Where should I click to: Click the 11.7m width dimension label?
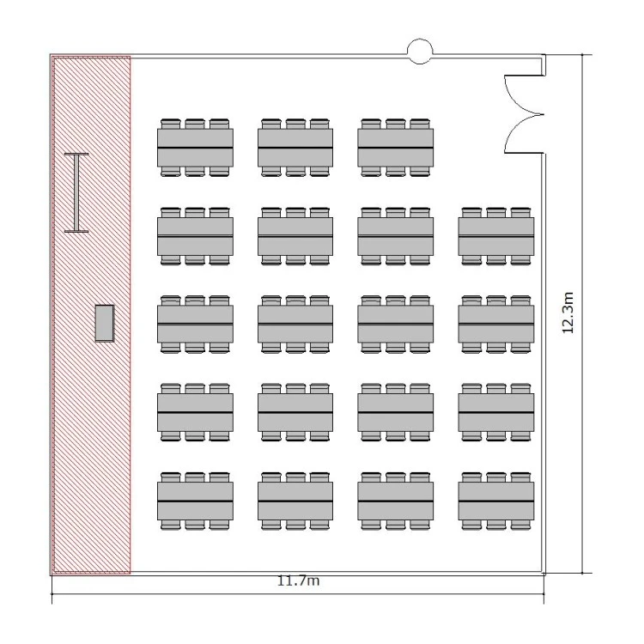[x=299, y=580]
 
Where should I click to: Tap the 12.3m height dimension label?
[x=568, y=313]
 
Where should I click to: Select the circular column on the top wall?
[x=420, y=52]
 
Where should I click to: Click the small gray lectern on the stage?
[x=104, y=323]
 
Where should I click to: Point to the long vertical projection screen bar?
[x=76, y=192]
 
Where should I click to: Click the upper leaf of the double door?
[x=521, y=94]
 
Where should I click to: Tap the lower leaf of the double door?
[x=521, y=134]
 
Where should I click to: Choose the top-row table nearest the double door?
[x=396, y=148]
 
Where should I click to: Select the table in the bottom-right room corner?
[x=496, y=501]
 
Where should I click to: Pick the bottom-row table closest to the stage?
[x=195, y=501]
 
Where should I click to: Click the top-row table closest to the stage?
[x=195, y=148]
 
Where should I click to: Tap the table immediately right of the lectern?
[x=195, y=325]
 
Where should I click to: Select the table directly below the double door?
[x=496, y=237]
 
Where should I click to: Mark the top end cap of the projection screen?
[x=76, y=155]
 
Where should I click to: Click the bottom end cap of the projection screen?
[x=76, y=231]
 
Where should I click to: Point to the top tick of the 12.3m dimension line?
[x=582, y=54]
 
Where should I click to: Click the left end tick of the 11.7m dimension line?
[x=52, y=593]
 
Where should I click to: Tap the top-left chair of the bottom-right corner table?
[x=471, y=477]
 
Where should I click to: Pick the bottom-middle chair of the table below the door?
[x=496, y=260]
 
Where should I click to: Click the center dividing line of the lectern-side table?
[x=195, y=325]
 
